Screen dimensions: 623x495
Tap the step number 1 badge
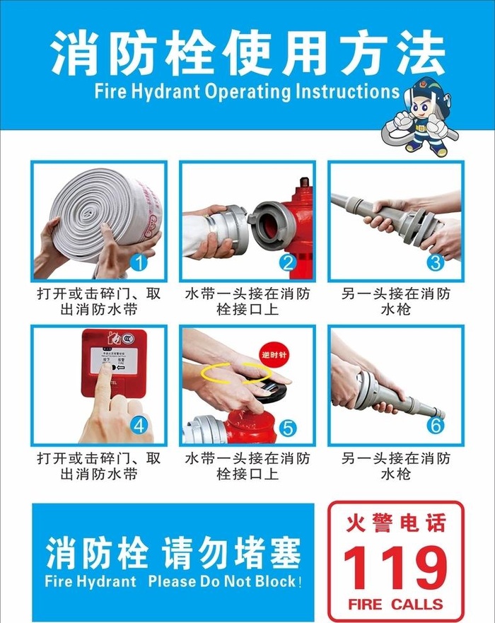pyautogui.click(x=139, y=264)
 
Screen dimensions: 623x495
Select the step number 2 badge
pyautogui.click(x=288, y=264)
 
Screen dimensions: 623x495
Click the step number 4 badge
pyautogui.click(x=139, y=426)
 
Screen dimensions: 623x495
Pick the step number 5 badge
pyautogui.click(x=288, y=428)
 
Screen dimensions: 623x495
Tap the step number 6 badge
pyautogui.click(x=436, y=426)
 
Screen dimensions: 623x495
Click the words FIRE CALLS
pyautogui.click(x=395, y=605)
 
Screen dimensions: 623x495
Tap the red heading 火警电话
pyautogui.click(x=395, y=524)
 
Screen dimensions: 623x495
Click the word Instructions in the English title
pyautogui.click(x=347, y=91)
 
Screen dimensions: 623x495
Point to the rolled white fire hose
pyautogui.click(x=106, y=209)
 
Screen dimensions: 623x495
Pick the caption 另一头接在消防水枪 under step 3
pyautogui.click(x=395, y=301)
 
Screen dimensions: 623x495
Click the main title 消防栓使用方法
pyautogui.click(x=248, y=53)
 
